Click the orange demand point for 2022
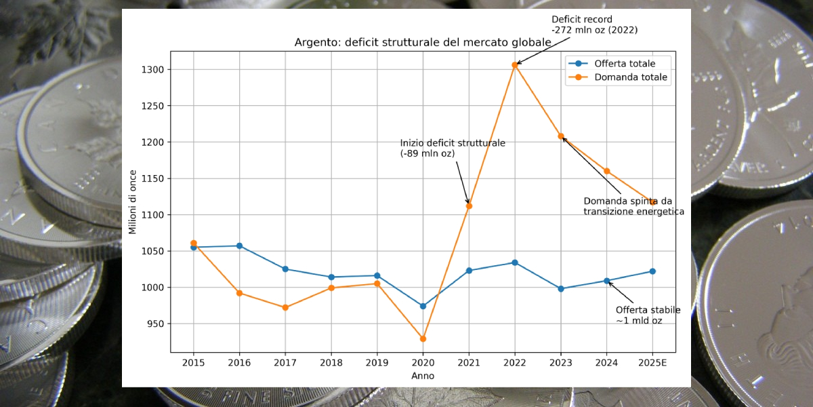tap(515, 65)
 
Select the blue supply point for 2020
tap(423, 306)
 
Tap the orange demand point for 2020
tap(423, 338)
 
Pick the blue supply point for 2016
tap(239, 246)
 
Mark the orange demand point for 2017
tap(285, 307)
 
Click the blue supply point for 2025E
tap(652, 271)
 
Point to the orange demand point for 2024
tap(607, 171)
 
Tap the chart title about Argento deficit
tap(423, 43)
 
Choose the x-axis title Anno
tap(423, 376)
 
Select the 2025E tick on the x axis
tap(652, 363)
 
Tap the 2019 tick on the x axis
tap(377, 363)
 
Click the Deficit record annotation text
tap(594, 24)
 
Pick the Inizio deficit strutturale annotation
tap(452, 149)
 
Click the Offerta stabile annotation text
tap(648, 315)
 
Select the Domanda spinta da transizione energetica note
tap(633, 206)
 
